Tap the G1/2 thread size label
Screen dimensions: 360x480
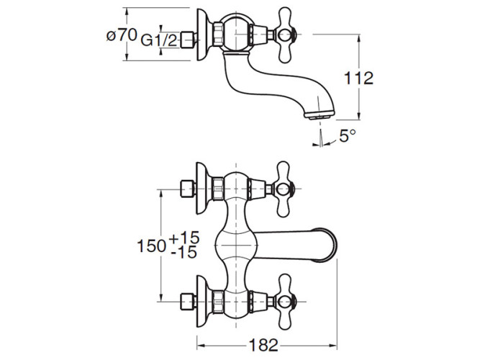click(x=159, y=42)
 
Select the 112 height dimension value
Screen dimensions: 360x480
click(x=358, y=78)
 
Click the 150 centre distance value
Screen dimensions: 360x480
click(x=153, y=245)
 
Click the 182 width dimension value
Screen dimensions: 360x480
click(x=264, y=345)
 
